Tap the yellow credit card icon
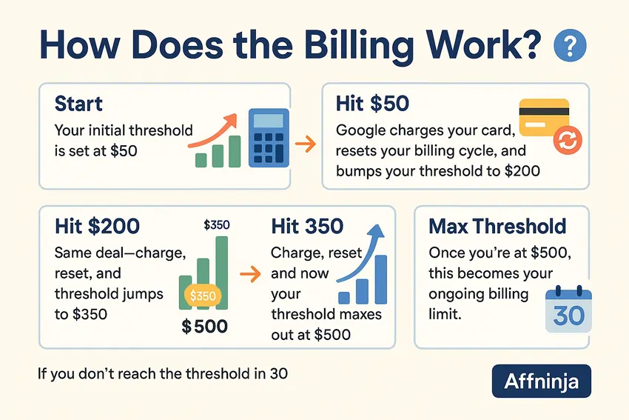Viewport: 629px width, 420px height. pyautogui.click(x=545, y=118)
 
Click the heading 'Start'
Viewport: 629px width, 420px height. pyautogui.click(x=79, y=103)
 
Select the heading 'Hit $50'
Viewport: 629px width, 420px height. pyautogui.click(x=372, y=103)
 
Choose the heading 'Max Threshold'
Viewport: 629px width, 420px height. pyautogui.click(x=497, y=226)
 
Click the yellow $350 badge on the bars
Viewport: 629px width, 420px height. pyautogui.click(x=202, y=296)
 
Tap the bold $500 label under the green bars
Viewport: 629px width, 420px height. pyautogui.click(x=204, y=327)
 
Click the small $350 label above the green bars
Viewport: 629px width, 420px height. pyautogui.click(x=216, y=224)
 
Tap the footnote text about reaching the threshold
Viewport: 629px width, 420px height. pyautogui.click(x=162, y=373)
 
